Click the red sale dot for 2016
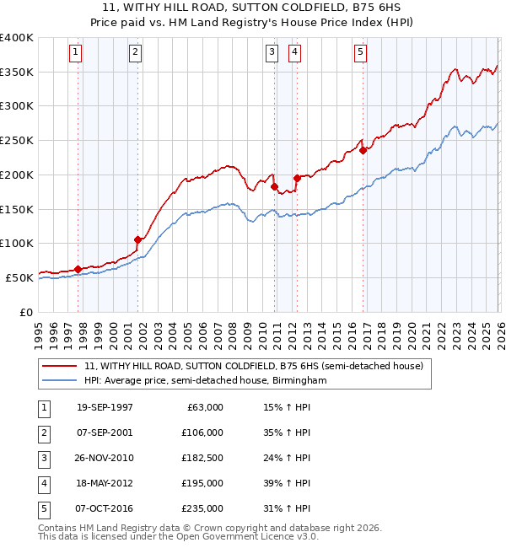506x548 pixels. point(363,151)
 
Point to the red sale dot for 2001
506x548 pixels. point(138,239)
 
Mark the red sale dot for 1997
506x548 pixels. point(78,269)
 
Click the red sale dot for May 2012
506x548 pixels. point(297,178)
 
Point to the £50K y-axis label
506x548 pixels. point(20,277)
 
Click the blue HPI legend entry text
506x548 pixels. point(205,381)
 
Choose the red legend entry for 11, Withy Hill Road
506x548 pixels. point(258,366)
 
